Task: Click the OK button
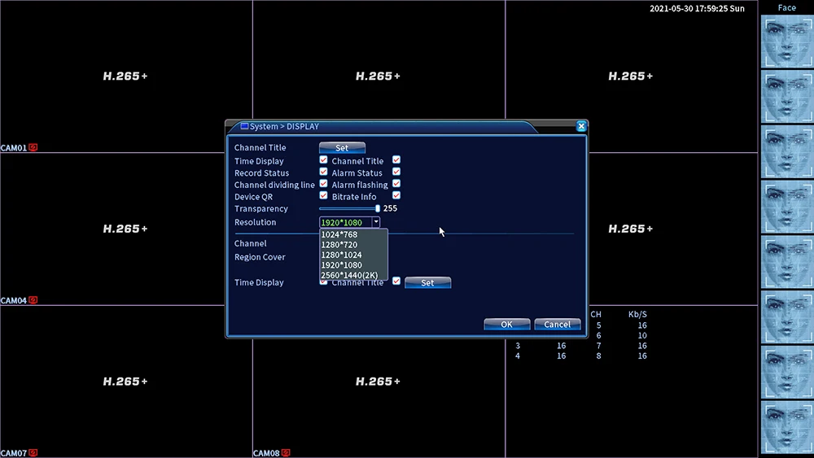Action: (506, 324)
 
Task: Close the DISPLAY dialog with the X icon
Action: (581, 126)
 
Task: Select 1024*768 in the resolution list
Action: (339, 234)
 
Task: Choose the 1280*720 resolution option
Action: (339, 245)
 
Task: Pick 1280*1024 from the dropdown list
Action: (341, 255)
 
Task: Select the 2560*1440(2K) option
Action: (349, 275)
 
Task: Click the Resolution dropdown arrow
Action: (376, 223)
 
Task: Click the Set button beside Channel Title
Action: (342, 148)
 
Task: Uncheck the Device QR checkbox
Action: (323, 195)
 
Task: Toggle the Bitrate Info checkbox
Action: (396, 195)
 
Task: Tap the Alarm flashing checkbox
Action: (396, 184)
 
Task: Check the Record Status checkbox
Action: (323, 172)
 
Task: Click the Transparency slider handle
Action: (378, 208)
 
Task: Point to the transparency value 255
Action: (390, 208)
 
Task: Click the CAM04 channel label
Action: (14, 300)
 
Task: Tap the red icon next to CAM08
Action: (286, 453)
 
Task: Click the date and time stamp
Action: (697, 8)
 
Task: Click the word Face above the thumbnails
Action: (786, 8)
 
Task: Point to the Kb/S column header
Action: (637, 314)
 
